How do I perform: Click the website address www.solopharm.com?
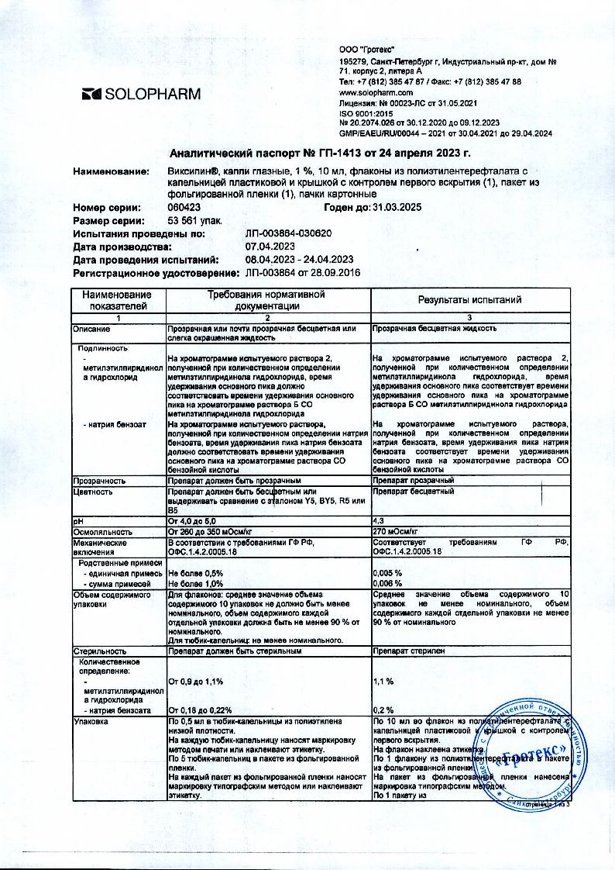(376, 91)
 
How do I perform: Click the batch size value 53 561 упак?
(194, 220)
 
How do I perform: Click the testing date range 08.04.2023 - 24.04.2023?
(299, 260)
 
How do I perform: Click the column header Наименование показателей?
(119, 300)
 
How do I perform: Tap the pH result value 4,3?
(379, 521)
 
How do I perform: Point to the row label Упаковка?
(91, 721)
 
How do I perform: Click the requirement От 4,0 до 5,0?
(192, 521)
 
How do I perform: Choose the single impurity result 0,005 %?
(387, 572)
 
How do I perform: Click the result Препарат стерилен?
(409, 652)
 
